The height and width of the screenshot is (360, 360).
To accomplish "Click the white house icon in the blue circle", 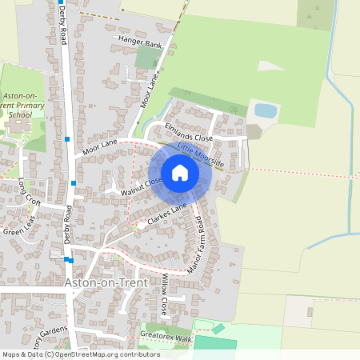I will [x=180, y=173].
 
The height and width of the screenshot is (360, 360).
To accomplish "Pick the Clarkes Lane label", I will [x=169, y=212].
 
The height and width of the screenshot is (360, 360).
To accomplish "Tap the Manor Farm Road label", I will [x=196, y=243].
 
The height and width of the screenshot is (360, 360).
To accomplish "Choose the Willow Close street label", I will [x=164, y=294].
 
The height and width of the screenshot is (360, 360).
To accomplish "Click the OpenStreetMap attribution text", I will [x=80, y=354].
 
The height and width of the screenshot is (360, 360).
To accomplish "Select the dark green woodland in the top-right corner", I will [x=317, y=14].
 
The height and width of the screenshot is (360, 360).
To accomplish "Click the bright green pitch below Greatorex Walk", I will [x=216, y=343].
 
